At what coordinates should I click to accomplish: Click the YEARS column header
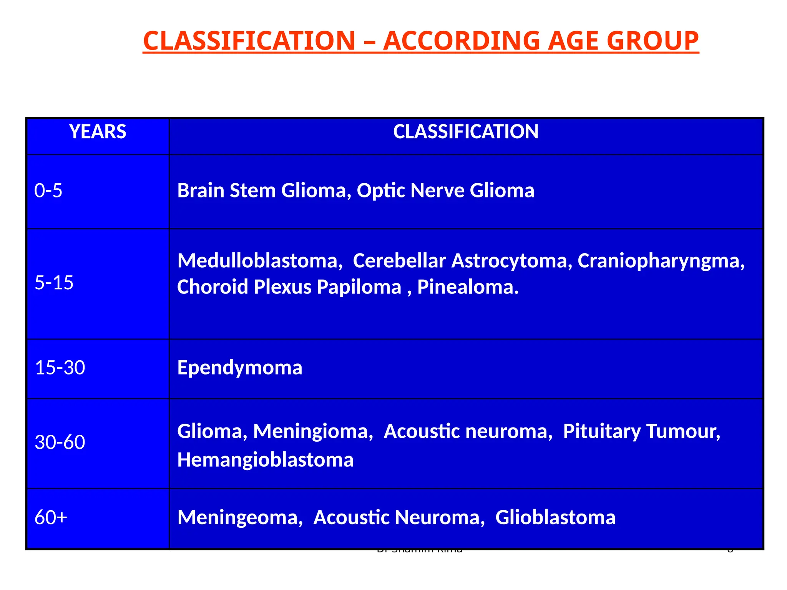pyautogui.click(x=98, y=132)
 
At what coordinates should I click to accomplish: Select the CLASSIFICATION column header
pyautogui.click(x=465, y=132)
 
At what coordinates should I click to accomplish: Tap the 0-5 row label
pyautogui.click(x=48, y=191)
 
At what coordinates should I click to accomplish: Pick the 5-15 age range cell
pyautogui.click(x=54, y=283)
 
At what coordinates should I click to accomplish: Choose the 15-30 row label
pyautogui.click(x=60, y=368)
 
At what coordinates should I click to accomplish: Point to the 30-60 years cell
pyautogui.click(x=60, y=442)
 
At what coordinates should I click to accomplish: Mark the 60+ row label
pyautogui.click(x=51, y=517)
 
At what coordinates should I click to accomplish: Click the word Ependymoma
pyautogui.click(x=240, y=368)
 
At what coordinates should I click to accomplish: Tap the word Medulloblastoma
pyautogui.click(x=259, y=261)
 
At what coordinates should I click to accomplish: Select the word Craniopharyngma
pyautogui.click(x=660, y=261)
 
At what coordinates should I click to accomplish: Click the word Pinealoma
pyautogui.click(x=467, y=287)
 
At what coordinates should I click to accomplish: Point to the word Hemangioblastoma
pyautogui.click(x=265, y=460)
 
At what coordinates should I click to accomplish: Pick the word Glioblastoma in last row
pyautogui.click(x=555, y=517)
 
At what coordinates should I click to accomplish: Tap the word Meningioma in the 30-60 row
pyautogui.click(x=312, y=431)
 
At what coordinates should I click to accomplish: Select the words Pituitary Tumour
pyautogui.click(x=641, y=431)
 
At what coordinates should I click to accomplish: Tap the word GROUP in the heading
pyautogui.click(x=653, y=41)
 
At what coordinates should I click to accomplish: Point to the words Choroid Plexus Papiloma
pyautogui.click(x=289, y=287)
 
